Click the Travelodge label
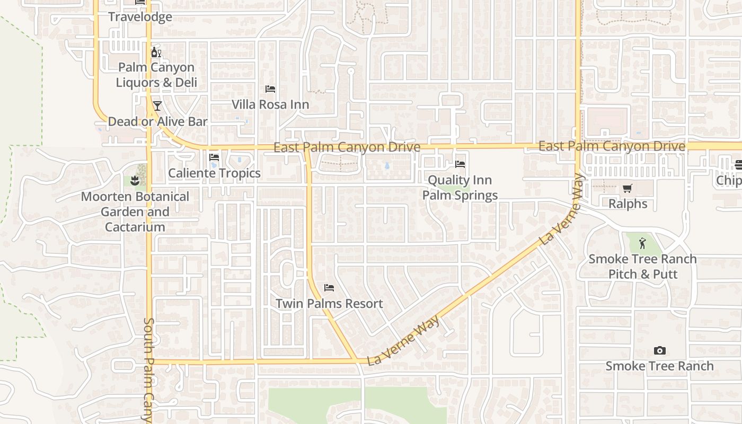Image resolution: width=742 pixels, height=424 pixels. pos(140,17)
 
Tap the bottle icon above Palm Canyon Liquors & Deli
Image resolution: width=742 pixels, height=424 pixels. pos(156,52)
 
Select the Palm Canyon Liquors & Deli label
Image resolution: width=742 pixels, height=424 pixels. pos(156,75)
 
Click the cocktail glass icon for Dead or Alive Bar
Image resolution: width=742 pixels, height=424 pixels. pos(157,106)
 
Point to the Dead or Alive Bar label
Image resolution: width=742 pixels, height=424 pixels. pos(157,121)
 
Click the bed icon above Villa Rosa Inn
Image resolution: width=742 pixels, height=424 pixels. pos(270,89)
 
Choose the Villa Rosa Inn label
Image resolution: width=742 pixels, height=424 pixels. pos(270,104)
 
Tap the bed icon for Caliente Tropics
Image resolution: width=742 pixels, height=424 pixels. pos(214,157)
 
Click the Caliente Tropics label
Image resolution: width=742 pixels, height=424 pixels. pos(214,173)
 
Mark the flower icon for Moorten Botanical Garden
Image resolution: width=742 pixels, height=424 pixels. pos(135,181)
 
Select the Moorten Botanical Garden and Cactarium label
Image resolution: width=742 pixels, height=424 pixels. pos(135,211)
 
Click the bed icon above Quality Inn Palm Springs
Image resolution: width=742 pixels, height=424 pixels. pos(460,164)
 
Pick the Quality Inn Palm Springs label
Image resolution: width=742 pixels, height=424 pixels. pos(460,188)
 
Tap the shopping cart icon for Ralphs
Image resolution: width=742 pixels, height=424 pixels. pos(628,188)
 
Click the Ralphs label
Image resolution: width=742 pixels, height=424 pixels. pos(628,204)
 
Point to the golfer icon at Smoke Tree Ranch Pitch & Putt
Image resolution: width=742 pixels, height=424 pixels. pos(642,243)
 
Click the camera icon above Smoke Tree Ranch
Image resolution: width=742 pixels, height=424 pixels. pos(659,350)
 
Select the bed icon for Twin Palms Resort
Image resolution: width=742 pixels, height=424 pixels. pos(329,288)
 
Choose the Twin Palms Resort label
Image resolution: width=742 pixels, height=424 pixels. pos(329,304)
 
